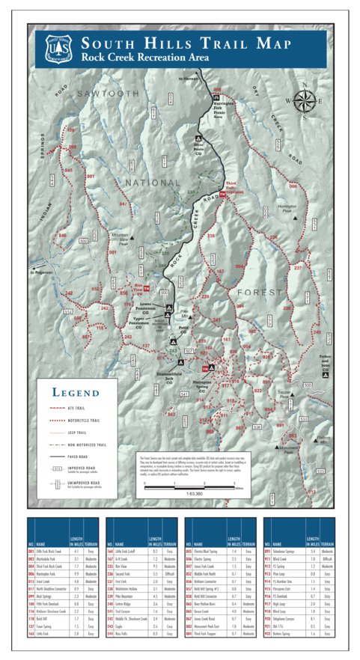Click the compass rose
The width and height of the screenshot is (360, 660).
click(305, 100)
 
